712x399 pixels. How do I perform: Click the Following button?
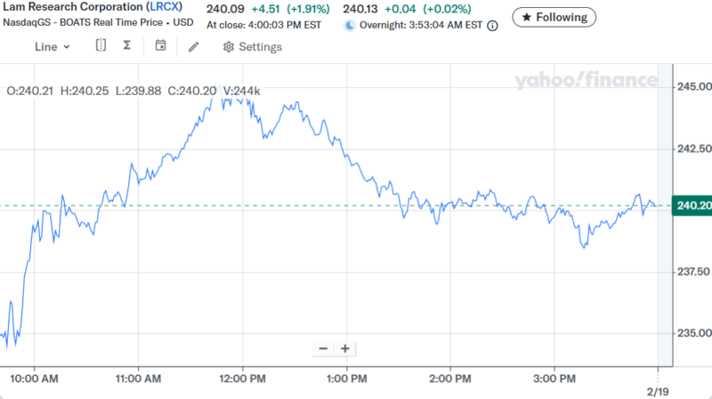554,17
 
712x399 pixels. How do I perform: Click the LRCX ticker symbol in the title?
165,7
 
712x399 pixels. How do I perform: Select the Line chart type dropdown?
53,46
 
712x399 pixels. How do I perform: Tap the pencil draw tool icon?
193,46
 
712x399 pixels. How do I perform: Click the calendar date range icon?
160,46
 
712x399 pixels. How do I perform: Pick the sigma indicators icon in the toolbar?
126,46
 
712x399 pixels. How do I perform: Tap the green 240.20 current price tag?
693,206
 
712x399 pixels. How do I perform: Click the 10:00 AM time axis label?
36,379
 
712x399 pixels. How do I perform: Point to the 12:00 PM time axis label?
243,379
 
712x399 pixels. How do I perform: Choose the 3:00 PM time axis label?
555,379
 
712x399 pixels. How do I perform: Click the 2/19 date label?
657,391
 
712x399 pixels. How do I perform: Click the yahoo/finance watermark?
586,81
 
